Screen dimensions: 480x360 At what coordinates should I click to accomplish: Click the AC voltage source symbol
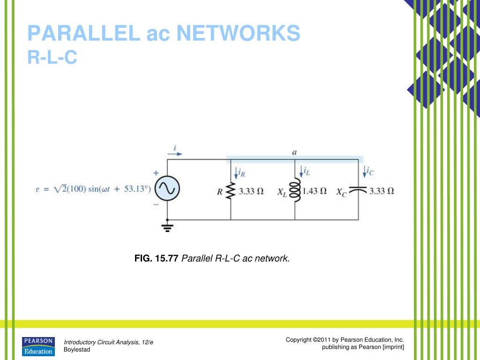click(x=167, y=189)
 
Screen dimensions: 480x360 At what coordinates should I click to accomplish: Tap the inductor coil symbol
click(x=295, y=191)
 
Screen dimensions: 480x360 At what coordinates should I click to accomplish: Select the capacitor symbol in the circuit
click(x=359, y=190)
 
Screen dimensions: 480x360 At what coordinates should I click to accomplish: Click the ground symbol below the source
click(x=167, y=228)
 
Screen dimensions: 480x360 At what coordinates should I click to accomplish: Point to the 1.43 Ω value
click(x=315, y=191)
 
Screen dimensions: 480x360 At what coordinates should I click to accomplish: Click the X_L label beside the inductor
click(x=283, y=192)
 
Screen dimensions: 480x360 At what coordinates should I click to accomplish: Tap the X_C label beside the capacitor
click(x=341, y=192)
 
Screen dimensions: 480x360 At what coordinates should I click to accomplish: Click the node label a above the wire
click(x=294, y=152)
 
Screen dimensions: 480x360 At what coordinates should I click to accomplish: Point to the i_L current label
click(x=307, y=172)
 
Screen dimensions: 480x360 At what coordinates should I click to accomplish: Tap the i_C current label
click(x=370, y=172)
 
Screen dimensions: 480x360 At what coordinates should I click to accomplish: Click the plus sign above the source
click(x=156, y=173)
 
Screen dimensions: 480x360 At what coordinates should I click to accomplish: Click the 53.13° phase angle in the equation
click(x=136, y=189)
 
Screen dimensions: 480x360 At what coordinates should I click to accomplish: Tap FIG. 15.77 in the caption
click(x=156, y=258)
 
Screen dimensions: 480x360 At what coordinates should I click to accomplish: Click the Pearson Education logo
click(x=38, y=346)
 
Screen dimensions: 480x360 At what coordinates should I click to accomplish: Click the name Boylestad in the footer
click(x=76, y=350)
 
